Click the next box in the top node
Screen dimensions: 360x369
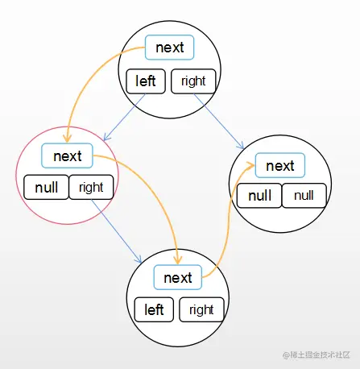[169, 48]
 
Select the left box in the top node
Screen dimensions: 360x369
[146, 81]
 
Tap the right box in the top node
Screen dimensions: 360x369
[193, 81]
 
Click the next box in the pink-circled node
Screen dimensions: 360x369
[67, 155]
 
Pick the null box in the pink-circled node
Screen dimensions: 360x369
[46, 187]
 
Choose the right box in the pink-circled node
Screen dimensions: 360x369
[91, 187]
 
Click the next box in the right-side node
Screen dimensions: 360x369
[280, 165]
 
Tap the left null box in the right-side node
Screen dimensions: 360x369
[259, 196]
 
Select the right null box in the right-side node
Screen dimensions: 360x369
[304, 196]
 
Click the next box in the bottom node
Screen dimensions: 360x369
[178, 277]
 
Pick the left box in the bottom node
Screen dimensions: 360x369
[154, 309]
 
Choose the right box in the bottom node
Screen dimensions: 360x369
[201, 309]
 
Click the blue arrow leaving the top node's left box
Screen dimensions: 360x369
[124, 117]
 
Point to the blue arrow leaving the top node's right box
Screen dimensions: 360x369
[219, 121]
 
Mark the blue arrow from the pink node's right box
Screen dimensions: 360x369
[117, 231]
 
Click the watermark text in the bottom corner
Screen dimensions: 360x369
[317, 354]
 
